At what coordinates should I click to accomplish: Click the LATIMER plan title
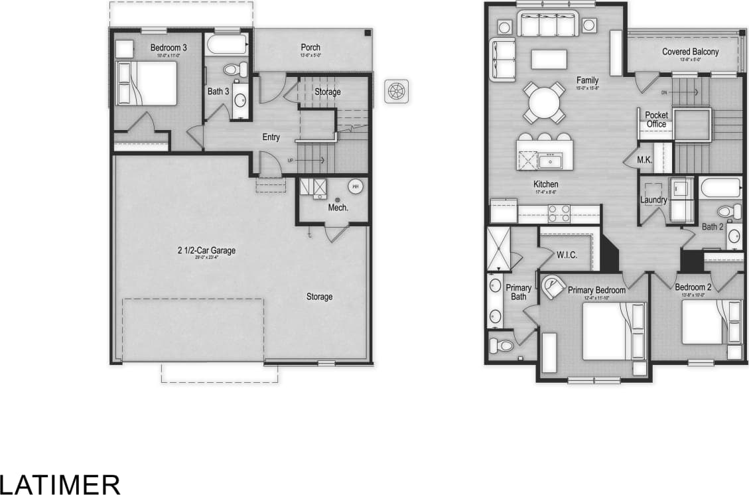click(x=60, y=484)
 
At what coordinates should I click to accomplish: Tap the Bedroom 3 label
click(x=169, y=48)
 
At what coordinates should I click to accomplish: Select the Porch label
click(x=310, y=48)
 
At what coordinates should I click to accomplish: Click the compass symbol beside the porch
click(x=397, y=90)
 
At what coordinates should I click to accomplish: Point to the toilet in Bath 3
click(x=234, y=69)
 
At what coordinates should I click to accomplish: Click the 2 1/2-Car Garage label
click(x=206, y=251)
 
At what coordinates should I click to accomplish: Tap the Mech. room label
click(x=338, y=208)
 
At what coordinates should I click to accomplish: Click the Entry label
click(x=271, y=137)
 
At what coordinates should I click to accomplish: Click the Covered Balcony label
click(x=690, y=52)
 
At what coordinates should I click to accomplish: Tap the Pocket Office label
click(x=656, y=119)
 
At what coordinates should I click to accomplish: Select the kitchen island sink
click(x=550, y=161)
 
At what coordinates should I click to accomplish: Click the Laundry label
click(x=653, y=200)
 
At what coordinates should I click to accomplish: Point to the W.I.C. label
click(x=567, y=255)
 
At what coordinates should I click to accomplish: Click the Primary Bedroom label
click(x=596, y=290)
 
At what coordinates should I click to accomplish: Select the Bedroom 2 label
click(x=693, y=287)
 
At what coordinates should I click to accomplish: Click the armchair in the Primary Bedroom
click(x=552, y=287)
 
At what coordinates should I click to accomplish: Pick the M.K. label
click(x=645, y=160)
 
